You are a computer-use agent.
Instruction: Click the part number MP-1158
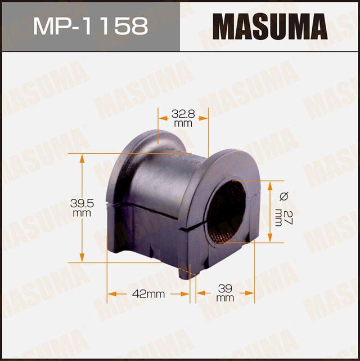click(x=90, y=26)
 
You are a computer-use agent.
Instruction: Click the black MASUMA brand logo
click(x=270, y=26)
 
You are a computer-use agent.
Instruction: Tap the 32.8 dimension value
click(x=183, y=113)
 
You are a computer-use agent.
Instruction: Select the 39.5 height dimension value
click(x=82, y=203)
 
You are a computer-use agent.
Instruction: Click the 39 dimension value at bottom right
click(x=224, y=288)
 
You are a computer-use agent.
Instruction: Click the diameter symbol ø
click(x=283, y=196)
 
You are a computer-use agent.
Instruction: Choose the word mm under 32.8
click(x=180, y=122)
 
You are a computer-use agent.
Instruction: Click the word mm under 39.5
click(x=82, y=213)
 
